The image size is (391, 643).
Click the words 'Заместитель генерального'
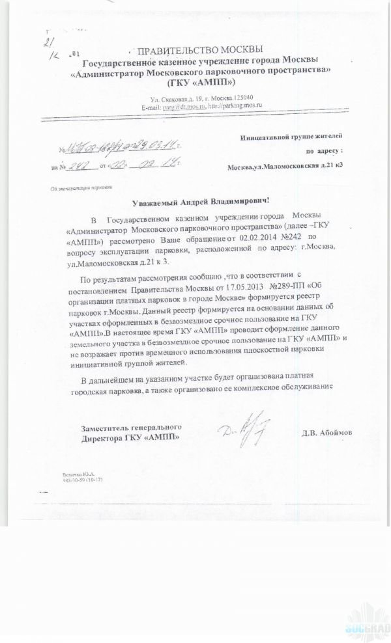coord(131,427)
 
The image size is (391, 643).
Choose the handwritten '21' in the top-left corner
coord(47,42)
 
